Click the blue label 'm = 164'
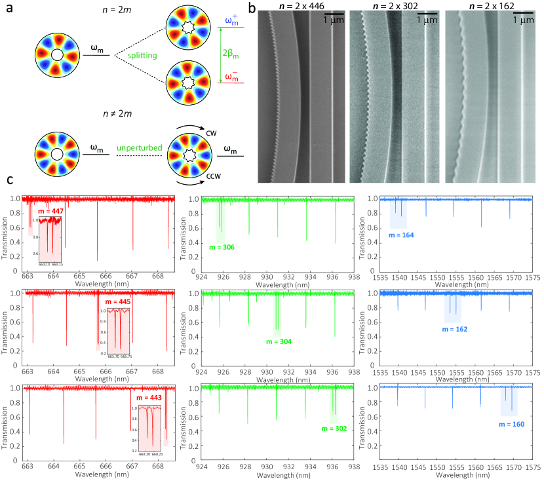pyautogui.click(x=400, y=234)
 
